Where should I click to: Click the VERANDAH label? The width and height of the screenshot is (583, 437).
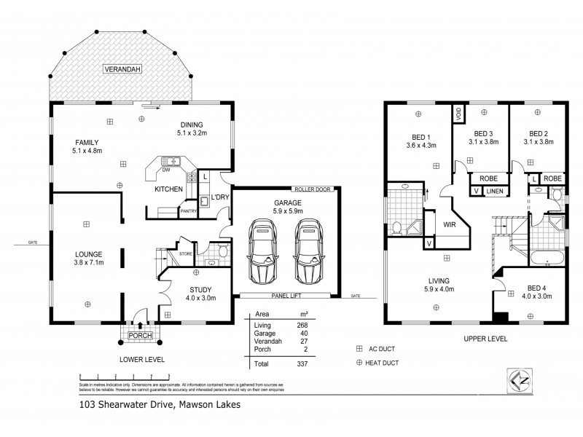[120, 69]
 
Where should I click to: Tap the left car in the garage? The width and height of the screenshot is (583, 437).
[262, 251]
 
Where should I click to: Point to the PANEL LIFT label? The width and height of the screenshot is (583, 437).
[286, 296]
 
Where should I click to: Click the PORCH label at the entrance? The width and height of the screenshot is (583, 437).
[138, 336]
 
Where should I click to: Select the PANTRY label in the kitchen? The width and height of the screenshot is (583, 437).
[189, 211]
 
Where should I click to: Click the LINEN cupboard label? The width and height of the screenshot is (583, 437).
[495, 191]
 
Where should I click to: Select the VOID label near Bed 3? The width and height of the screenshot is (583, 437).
[459, 114]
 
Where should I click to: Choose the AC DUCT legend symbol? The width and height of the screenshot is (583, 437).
[360, 350]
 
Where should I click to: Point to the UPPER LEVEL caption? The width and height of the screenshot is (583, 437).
[485, 339]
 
